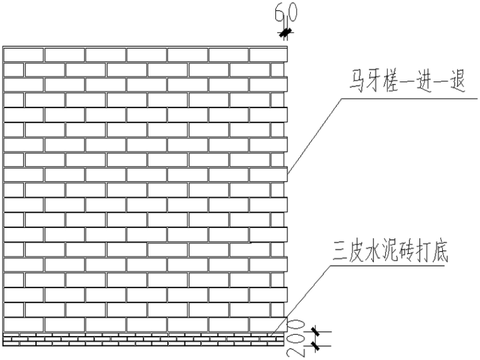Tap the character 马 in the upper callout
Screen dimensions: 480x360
pos(352,83)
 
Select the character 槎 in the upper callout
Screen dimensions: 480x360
pos(390,83)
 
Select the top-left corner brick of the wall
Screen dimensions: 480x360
pos(23,54)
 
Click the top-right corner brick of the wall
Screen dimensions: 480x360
pos(268,54)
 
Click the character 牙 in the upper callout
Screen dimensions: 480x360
pos(371,83)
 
